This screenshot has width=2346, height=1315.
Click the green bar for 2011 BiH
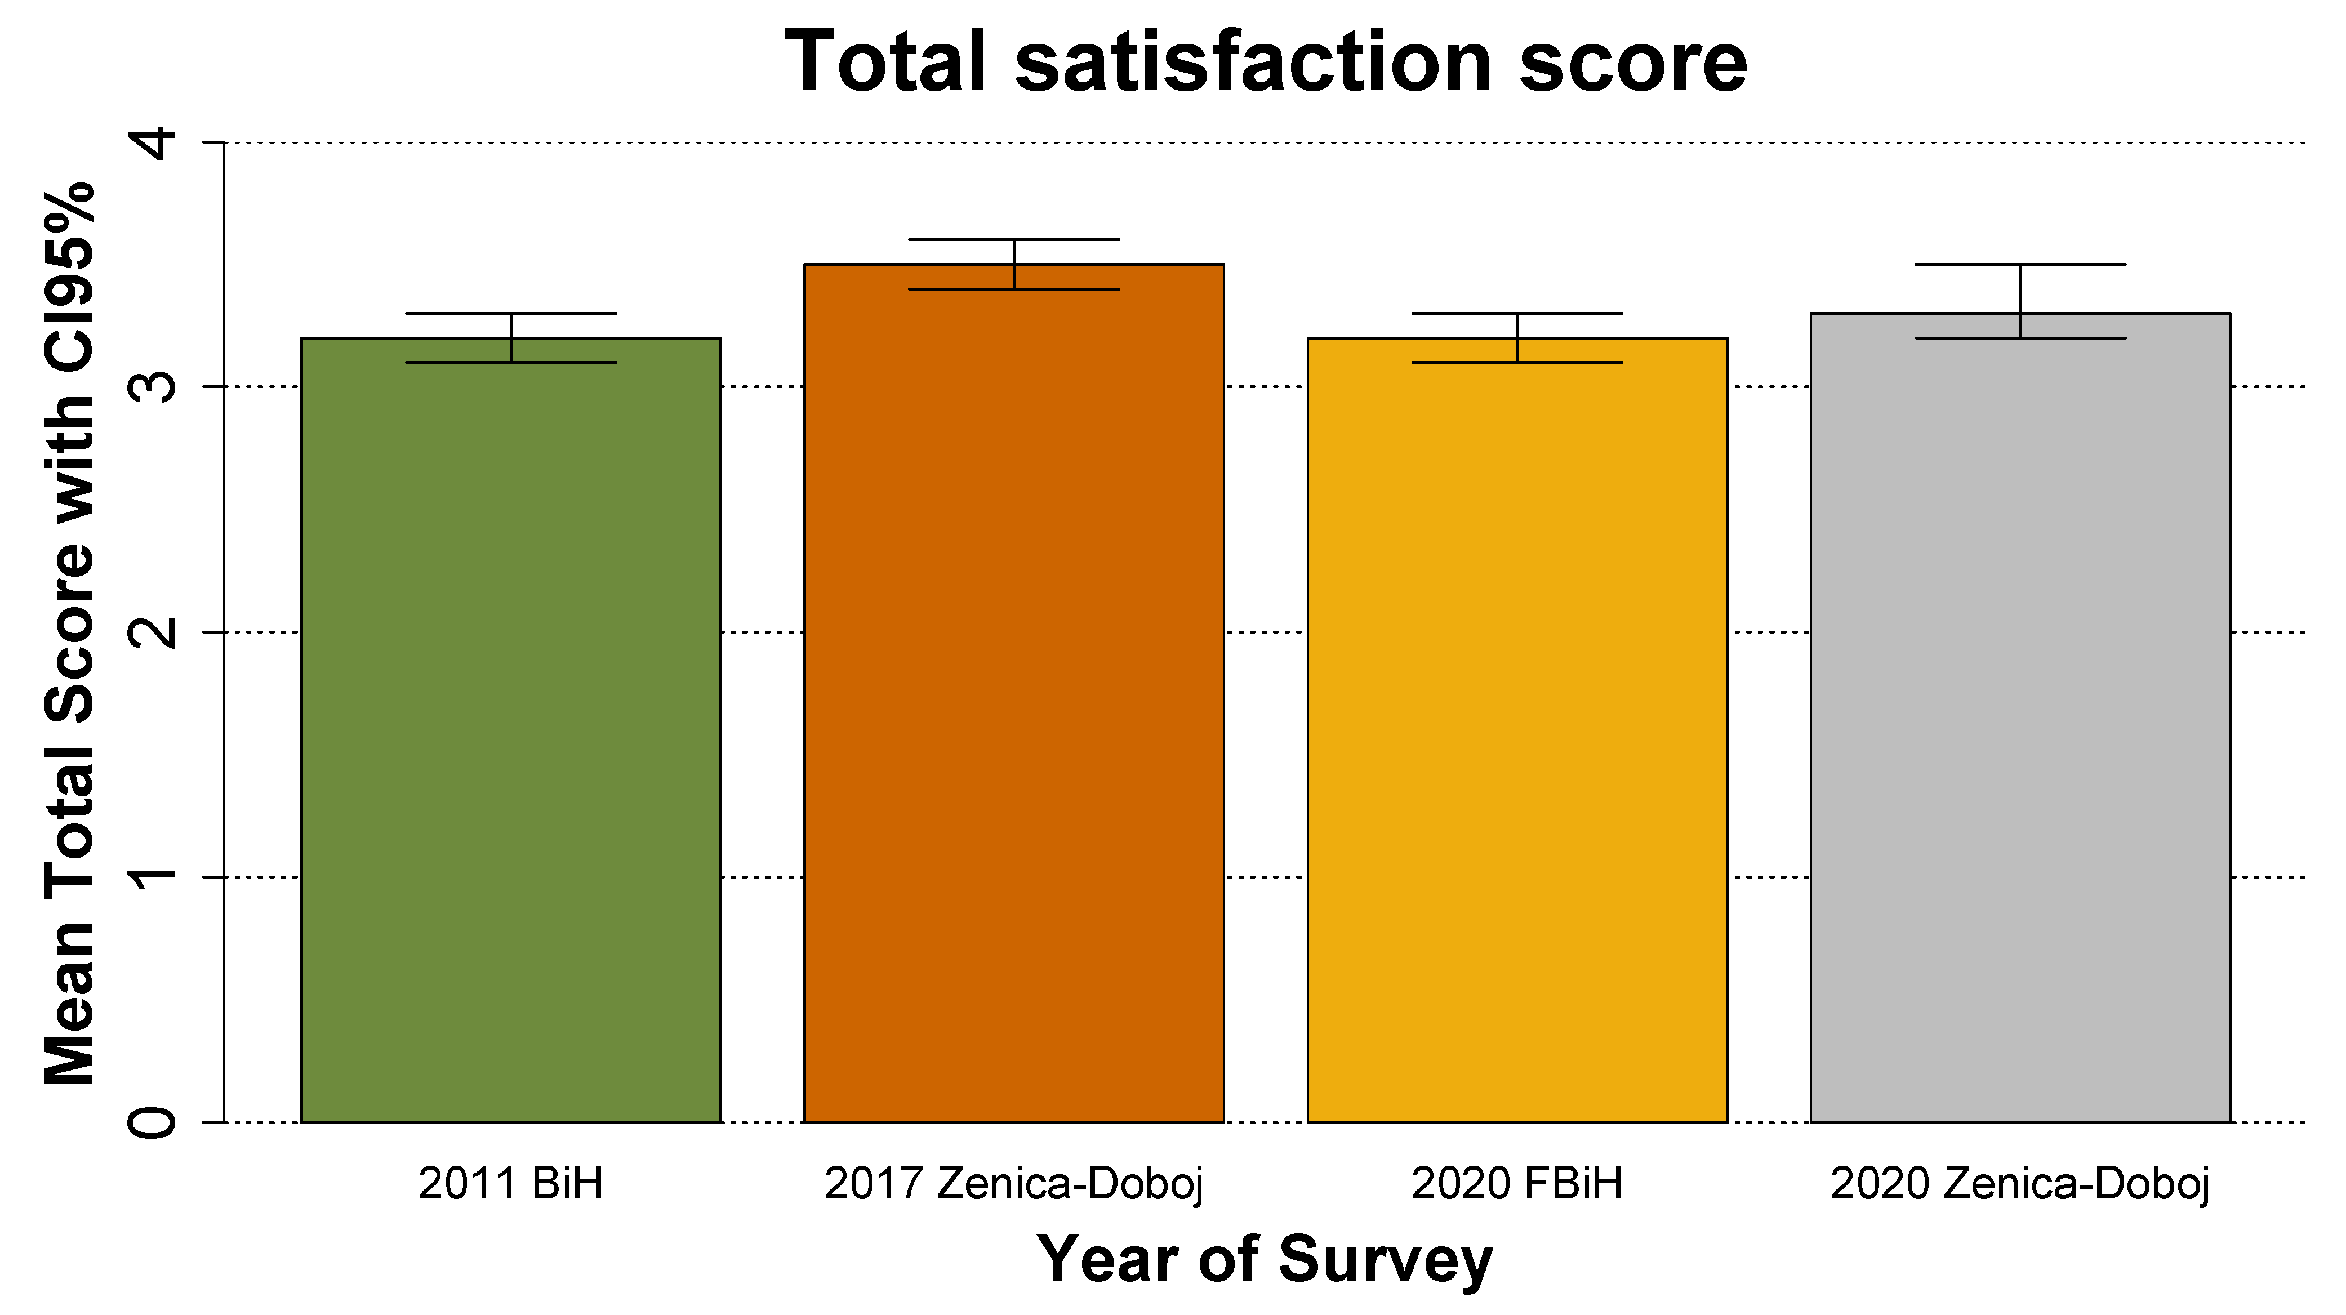[511, 729]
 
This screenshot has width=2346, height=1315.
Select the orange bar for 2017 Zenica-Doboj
[1014, 692]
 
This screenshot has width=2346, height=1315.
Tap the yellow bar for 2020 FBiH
[1517, 729]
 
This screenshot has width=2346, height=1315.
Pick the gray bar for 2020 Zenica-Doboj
[2020, 719]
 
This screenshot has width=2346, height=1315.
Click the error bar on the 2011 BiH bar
[511, 338]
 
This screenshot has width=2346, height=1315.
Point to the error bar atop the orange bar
[1014, 264]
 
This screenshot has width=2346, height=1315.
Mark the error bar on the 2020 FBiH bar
[1517, 338]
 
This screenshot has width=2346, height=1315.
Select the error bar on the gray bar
[2020, 301]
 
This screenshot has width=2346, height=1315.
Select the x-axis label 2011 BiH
[511, 1184]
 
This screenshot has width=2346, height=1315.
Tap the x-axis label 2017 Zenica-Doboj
[1014, 1184]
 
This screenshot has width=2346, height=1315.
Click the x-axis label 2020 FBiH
[1517, 1184]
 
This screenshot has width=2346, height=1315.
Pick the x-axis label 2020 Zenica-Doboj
[2020, 1184]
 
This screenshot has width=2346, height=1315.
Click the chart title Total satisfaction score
[1266, 62]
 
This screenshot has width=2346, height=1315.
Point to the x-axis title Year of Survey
[1266, 1259]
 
